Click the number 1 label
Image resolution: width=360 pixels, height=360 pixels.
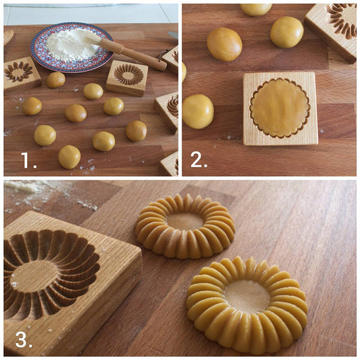28,161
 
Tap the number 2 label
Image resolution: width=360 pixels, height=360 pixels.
199,160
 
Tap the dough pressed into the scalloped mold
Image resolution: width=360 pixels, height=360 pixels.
280,107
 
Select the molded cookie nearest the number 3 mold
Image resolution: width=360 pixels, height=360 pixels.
185,226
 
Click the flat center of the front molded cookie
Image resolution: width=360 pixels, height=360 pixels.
247,297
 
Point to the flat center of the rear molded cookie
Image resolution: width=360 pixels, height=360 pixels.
185,221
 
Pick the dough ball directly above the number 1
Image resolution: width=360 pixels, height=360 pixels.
45,136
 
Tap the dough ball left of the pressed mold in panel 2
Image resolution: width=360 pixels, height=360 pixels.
198,111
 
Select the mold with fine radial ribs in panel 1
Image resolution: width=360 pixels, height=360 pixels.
128,78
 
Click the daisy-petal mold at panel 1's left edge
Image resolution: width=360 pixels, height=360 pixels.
21,74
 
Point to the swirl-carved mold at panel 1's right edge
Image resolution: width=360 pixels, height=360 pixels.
167,112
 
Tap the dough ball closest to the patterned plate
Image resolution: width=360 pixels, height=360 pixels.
56,80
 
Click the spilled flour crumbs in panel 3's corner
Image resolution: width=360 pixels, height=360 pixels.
51,195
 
